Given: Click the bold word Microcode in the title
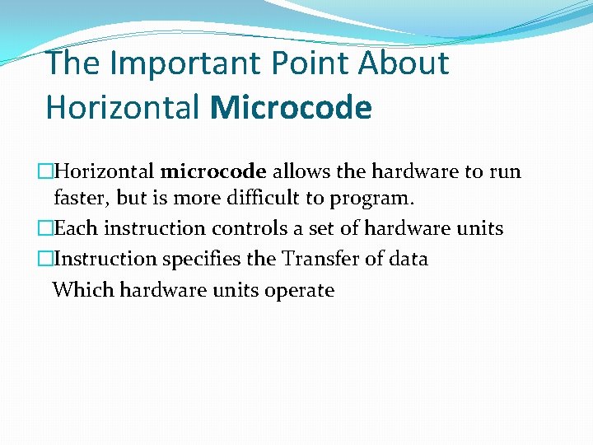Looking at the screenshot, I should click(291, 107).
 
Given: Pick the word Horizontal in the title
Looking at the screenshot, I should click(124, 107).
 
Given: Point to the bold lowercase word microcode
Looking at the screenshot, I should click(213, 172).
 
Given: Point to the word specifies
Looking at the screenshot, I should click(202, 259).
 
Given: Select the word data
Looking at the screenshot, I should click(408, 259).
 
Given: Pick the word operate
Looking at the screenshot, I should click(300, 291).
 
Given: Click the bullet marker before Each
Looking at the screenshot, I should click(46, 228).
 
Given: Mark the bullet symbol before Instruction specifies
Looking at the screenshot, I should click(46, 259).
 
